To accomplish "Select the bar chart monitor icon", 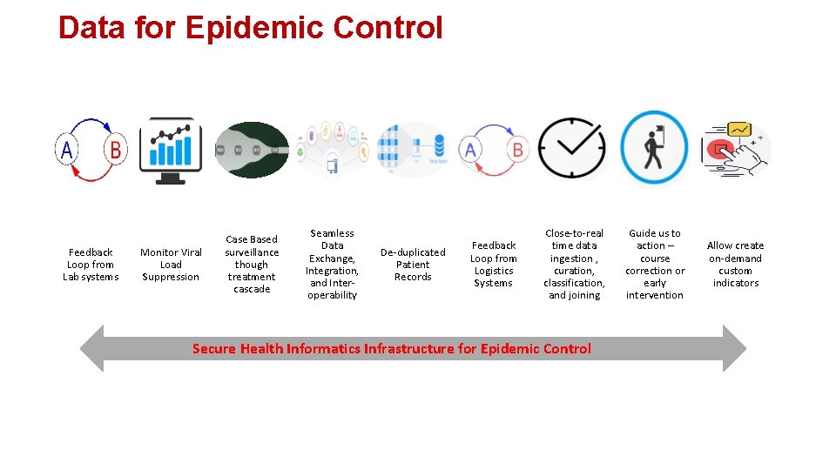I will point(171,151).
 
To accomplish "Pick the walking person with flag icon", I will point(653,148).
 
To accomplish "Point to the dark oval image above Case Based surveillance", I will point(252,150).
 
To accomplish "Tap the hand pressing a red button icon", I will point(737,150).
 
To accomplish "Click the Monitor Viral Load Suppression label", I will point(171,265).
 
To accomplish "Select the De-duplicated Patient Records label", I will point(413,265).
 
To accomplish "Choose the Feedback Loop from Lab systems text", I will point(91,265).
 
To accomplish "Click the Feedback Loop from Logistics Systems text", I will point(494,265).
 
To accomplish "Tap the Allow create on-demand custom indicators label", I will point(735,265).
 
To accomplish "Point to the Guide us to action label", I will point(655,265).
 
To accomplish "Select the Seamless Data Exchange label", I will point(332,265).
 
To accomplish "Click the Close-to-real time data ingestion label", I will point(574,265).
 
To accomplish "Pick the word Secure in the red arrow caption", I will point(213,349).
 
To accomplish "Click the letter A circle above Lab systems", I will point(66,151).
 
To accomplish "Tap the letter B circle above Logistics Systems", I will point(517,150).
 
